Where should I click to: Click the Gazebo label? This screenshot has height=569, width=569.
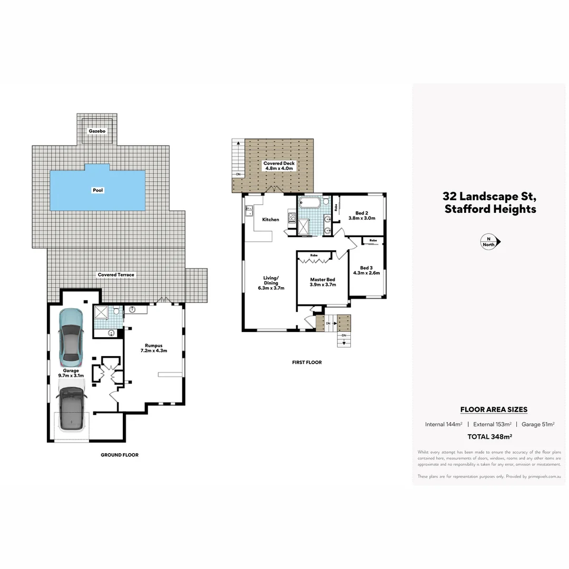pos(97,131)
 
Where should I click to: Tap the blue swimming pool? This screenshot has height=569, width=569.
pos(98,190)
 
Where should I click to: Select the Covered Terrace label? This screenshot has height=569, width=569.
pos(116,275)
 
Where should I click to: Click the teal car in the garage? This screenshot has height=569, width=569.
pos(71,337)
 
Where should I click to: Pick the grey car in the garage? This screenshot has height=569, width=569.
pos(71,409)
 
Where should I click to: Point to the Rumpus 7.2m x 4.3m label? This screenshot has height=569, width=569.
pos(153,348)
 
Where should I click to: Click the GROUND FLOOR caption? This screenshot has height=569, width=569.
pos(120,455)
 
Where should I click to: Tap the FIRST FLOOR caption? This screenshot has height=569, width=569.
pos(307,362)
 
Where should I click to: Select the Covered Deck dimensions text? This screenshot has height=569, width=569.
pos(279,169)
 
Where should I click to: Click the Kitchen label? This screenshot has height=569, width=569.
pos(271,220)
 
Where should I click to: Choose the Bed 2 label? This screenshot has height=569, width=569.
pos(361,215)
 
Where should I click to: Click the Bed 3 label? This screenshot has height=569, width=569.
pos(363,270)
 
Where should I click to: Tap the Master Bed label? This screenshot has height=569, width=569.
pos(322,282)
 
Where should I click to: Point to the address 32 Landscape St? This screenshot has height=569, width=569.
pos(489,197)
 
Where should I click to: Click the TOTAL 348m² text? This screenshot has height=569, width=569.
pos(490,437)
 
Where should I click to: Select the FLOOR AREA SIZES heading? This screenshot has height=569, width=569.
pos(494,409)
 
